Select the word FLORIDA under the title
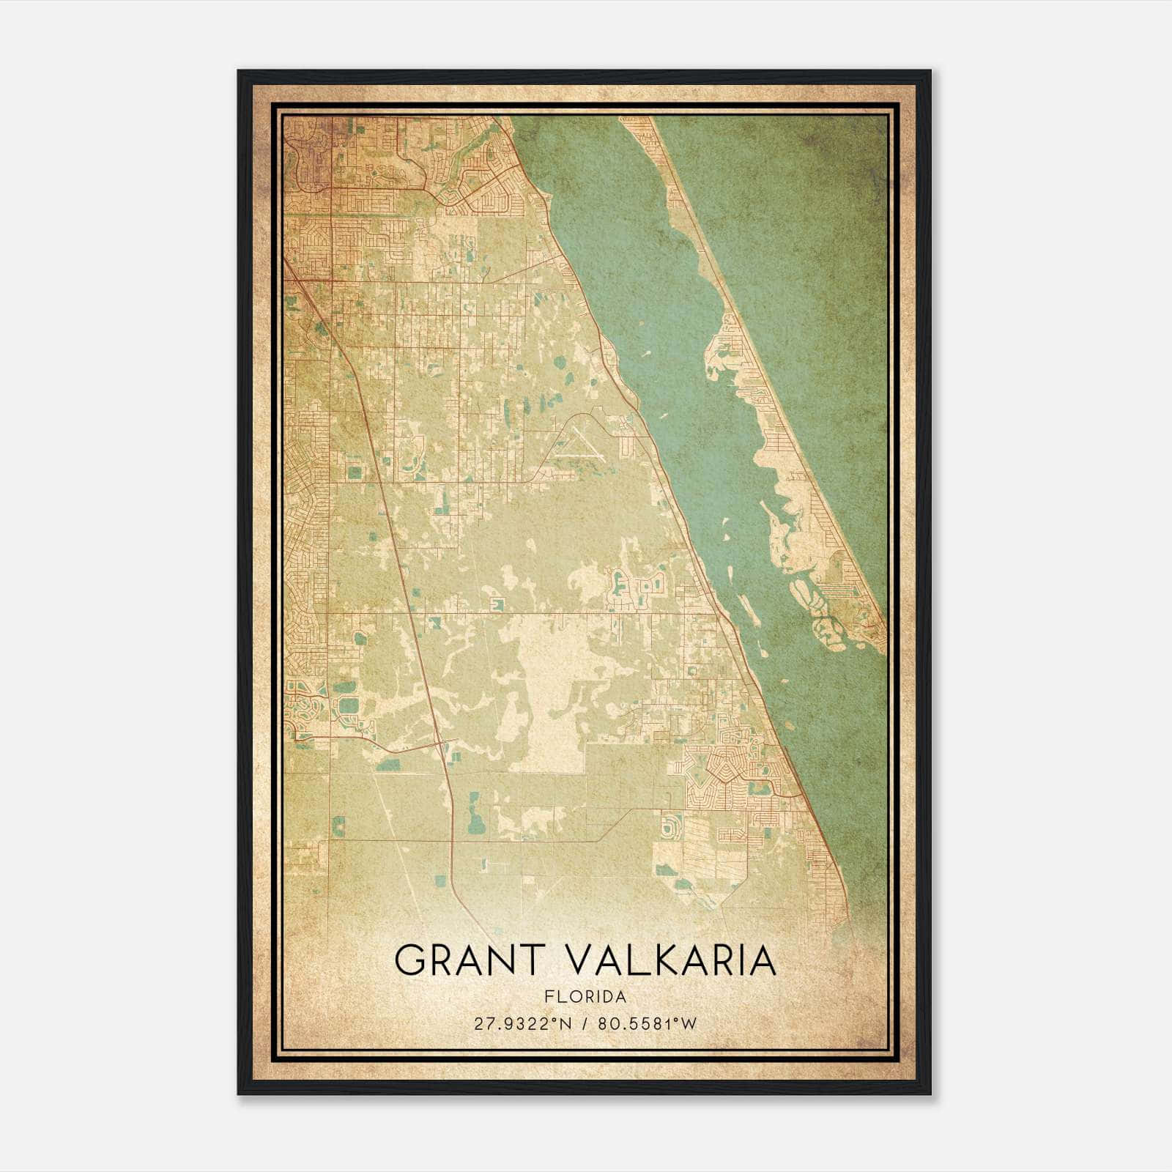[585, 997]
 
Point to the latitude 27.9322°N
[521, 1024]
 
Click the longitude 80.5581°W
[648, 1024]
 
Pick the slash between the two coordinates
[585, 1024]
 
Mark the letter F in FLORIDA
[549, 997]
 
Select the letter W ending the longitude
[689, 1024]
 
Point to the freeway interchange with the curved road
[440, 745]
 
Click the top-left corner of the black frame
[239, 71]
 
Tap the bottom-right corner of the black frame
[930, 1094]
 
